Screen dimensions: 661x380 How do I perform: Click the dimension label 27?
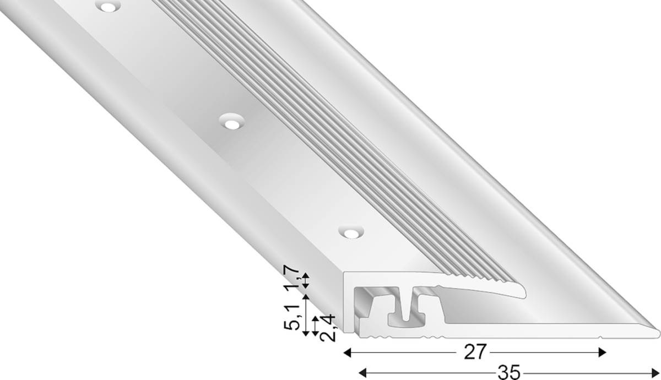point(475,352)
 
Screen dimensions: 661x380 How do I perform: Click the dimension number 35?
point(509,372)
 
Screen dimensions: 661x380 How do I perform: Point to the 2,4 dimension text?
point(328,328)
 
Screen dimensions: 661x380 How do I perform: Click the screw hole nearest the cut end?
point(351,233)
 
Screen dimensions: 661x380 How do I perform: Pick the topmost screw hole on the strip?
point(109,6)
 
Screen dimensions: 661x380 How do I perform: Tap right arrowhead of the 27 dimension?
point(602,352)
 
